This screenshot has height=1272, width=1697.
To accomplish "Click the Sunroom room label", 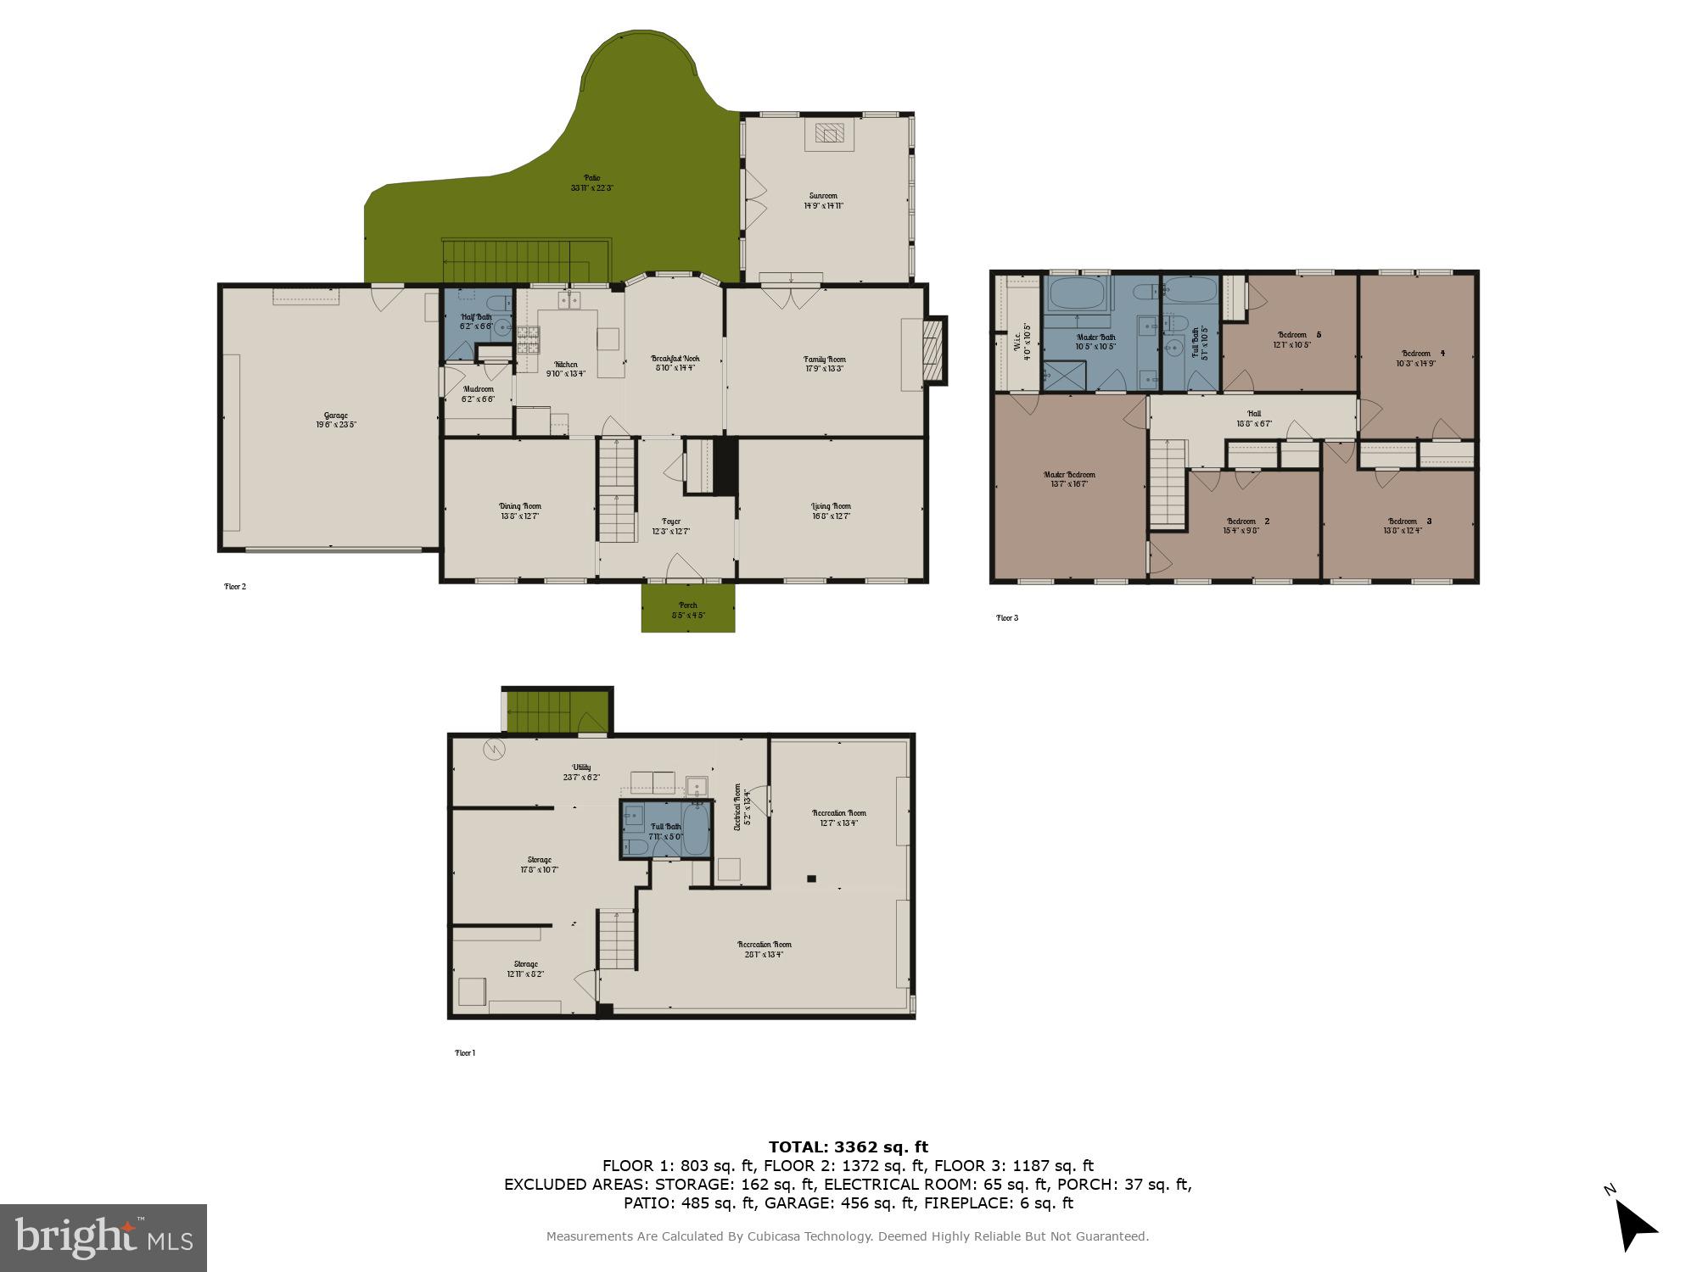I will coord(823,200).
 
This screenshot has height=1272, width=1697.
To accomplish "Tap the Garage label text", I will coord(336,420).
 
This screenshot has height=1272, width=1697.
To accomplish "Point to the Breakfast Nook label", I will coord(675,363).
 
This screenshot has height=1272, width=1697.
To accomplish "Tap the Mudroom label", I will coord(478,393).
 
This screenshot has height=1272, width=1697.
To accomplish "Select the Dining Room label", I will coord(519,510).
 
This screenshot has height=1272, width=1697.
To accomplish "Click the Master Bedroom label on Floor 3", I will coord(1069,479).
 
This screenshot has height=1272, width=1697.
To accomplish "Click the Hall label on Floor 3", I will coord(1254,418).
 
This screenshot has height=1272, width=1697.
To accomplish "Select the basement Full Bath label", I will coord(665,831).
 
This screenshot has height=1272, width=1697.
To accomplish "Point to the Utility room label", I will coord(581,772).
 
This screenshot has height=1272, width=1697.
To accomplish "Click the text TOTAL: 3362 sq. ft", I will coord(848,1147).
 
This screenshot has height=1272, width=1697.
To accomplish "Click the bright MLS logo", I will coord(103,1238).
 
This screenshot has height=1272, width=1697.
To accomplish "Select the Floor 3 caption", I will coord(1006,617).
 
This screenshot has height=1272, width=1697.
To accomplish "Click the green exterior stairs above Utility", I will coord(556,711).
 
